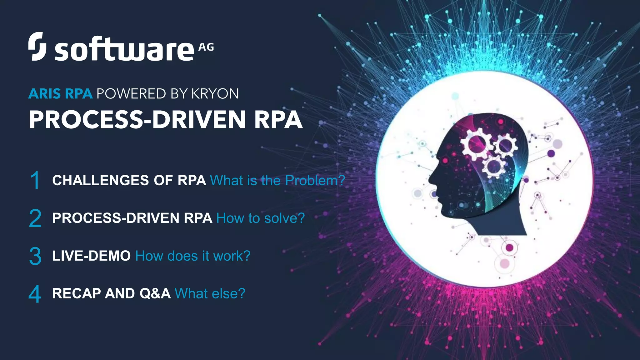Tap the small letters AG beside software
click(206, 47)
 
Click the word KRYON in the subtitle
click(215, 94)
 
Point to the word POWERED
click(132, 94)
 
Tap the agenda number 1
click(35, 180)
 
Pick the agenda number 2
click(35, 218)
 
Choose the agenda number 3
click(35, 256)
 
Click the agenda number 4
click(35, 294)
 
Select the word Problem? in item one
click(315, 180)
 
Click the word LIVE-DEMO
click(91, 256)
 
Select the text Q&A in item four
click(155, 293)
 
